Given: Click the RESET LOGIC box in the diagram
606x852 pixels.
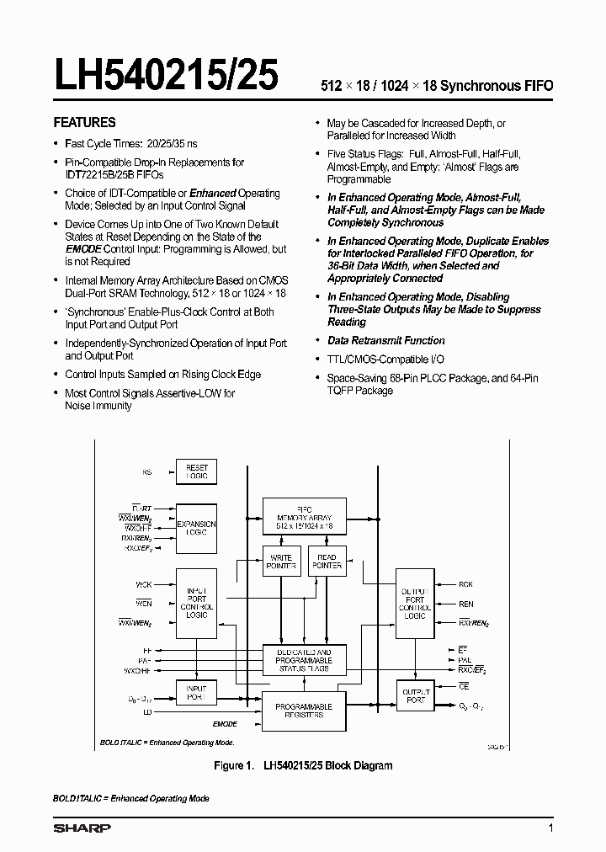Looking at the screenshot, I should [x=196, y=472].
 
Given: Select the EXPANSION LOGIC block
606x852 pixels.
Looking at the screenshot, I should [x=196, y=527].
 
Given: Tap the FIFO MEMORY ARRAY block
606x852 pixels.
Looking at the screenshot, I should [x=304, y=515].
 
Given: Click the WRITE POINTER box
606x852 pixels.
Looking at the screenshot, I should [x=280, y=561].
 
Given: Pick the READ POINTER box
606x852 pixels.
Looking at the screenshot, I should [x=327, y=561].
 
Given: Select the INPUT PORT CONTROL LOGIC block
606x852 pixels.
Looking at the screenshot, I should [x=196, y=603].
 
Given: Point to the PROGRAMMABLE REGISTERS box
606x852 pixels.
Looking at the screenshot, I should [x=304, y=711].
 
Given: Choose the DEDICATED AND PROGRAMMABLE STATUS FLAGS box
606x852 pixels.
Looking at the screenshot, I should [x=304, y=660].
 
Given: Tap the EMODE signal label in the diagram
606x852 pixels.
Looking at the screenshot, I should [x=224, y=724].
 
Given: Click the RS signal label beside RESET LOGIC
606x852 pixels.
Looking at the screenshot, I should [x=147, y=473].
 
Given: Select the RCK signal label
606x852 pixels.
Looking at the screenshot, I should [x=465, y=583].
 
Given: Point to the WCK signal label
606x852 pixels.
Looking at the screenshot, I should [x=144, y=583].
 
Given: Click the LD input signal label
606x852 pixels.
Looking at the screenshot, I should [x=148, y=712].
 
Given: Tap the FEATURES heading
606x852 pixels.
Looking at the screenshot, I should [x=85, y=122].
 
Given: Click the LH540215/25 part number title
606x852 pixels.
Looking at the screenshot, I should [x=166, y=77].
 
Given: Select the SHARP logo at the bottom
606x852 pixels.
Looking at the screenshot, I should [x=82, y=828].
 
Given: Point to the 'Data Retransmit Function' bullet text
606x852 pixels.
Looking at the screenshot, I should [x=385, y=340].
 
